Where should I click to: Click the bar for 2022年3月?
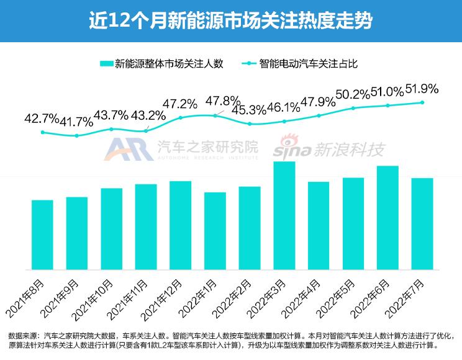(x=284, y=215)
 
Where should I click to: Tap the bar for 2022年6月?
(x=387, y=218)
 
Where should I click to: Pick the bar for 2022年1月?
(x=215, y=231)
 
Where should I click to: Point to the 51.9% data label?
(x=422, y=89)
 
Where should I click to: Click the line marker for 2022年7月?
(x=422, y=102)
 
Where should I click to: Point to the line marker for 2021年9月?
(x=77, y=135)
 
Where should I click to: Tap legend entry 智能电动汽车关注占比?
(x=301, y=63)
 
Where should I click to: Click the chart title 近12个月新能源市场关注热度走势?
(x=230, y=21)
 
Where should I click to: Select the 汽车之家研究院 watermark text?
(x=207, y=148)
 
